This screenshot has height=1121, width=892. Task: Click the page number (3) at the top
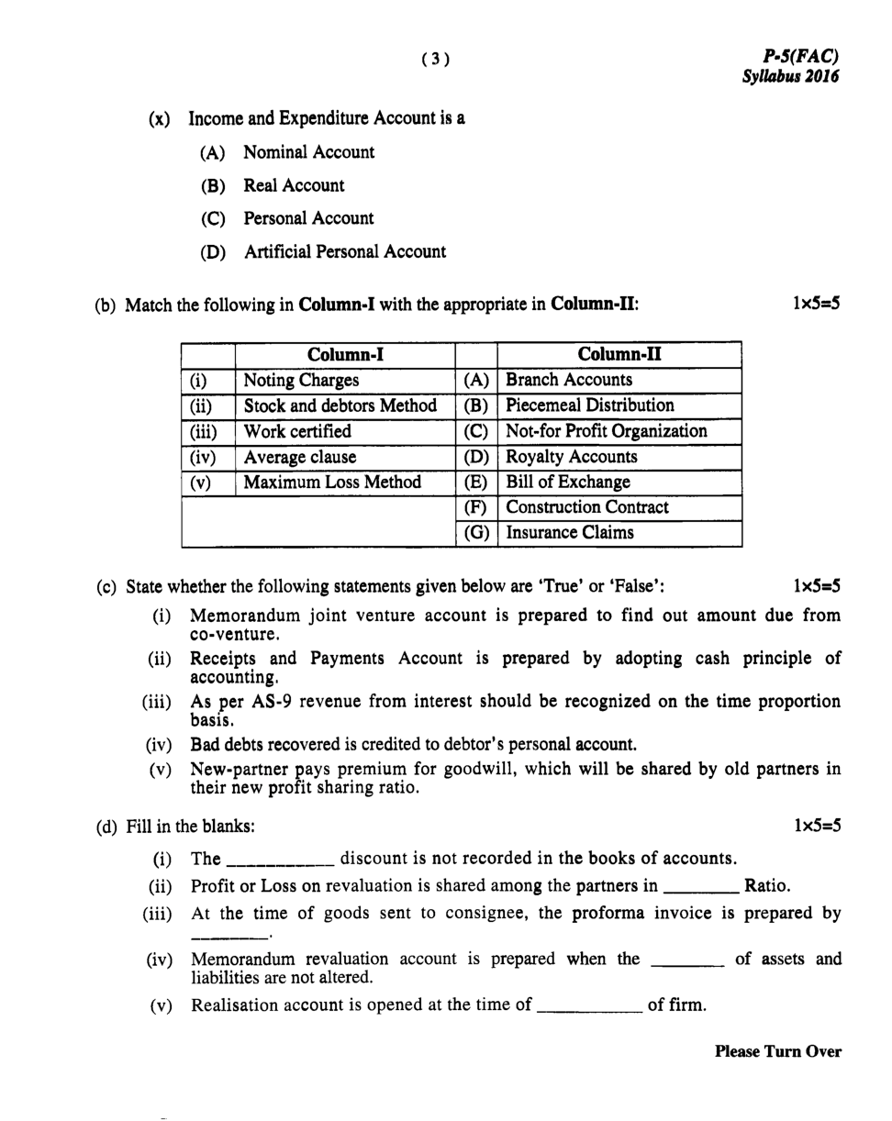pos(436,60)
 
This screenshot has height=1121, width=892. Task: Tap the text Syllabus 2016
pos(790,77)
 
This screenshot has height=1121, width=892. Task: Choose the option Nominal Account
pos(308,152)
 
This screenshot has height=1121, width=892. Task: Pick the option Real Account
pos(294,185)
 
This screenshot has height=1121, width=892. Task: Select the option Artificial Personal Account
pos(344,251)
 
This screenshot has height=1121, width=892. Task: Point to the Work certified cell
pos(296,431)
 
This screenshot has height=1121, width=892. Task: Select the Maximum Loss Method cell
pos(331,483)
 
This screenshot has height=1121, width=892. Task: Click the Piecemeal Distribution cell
pos(589,405)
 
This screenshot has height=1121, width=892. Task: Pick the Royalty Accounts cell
pos(571,457)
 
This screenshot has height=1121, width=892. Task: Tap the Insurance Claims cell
pos(569,533)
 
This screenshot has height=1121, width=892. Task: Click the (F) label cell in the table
pos(475,507)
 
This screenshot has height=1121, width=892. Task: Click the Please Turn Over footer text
pos(777,1052)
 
